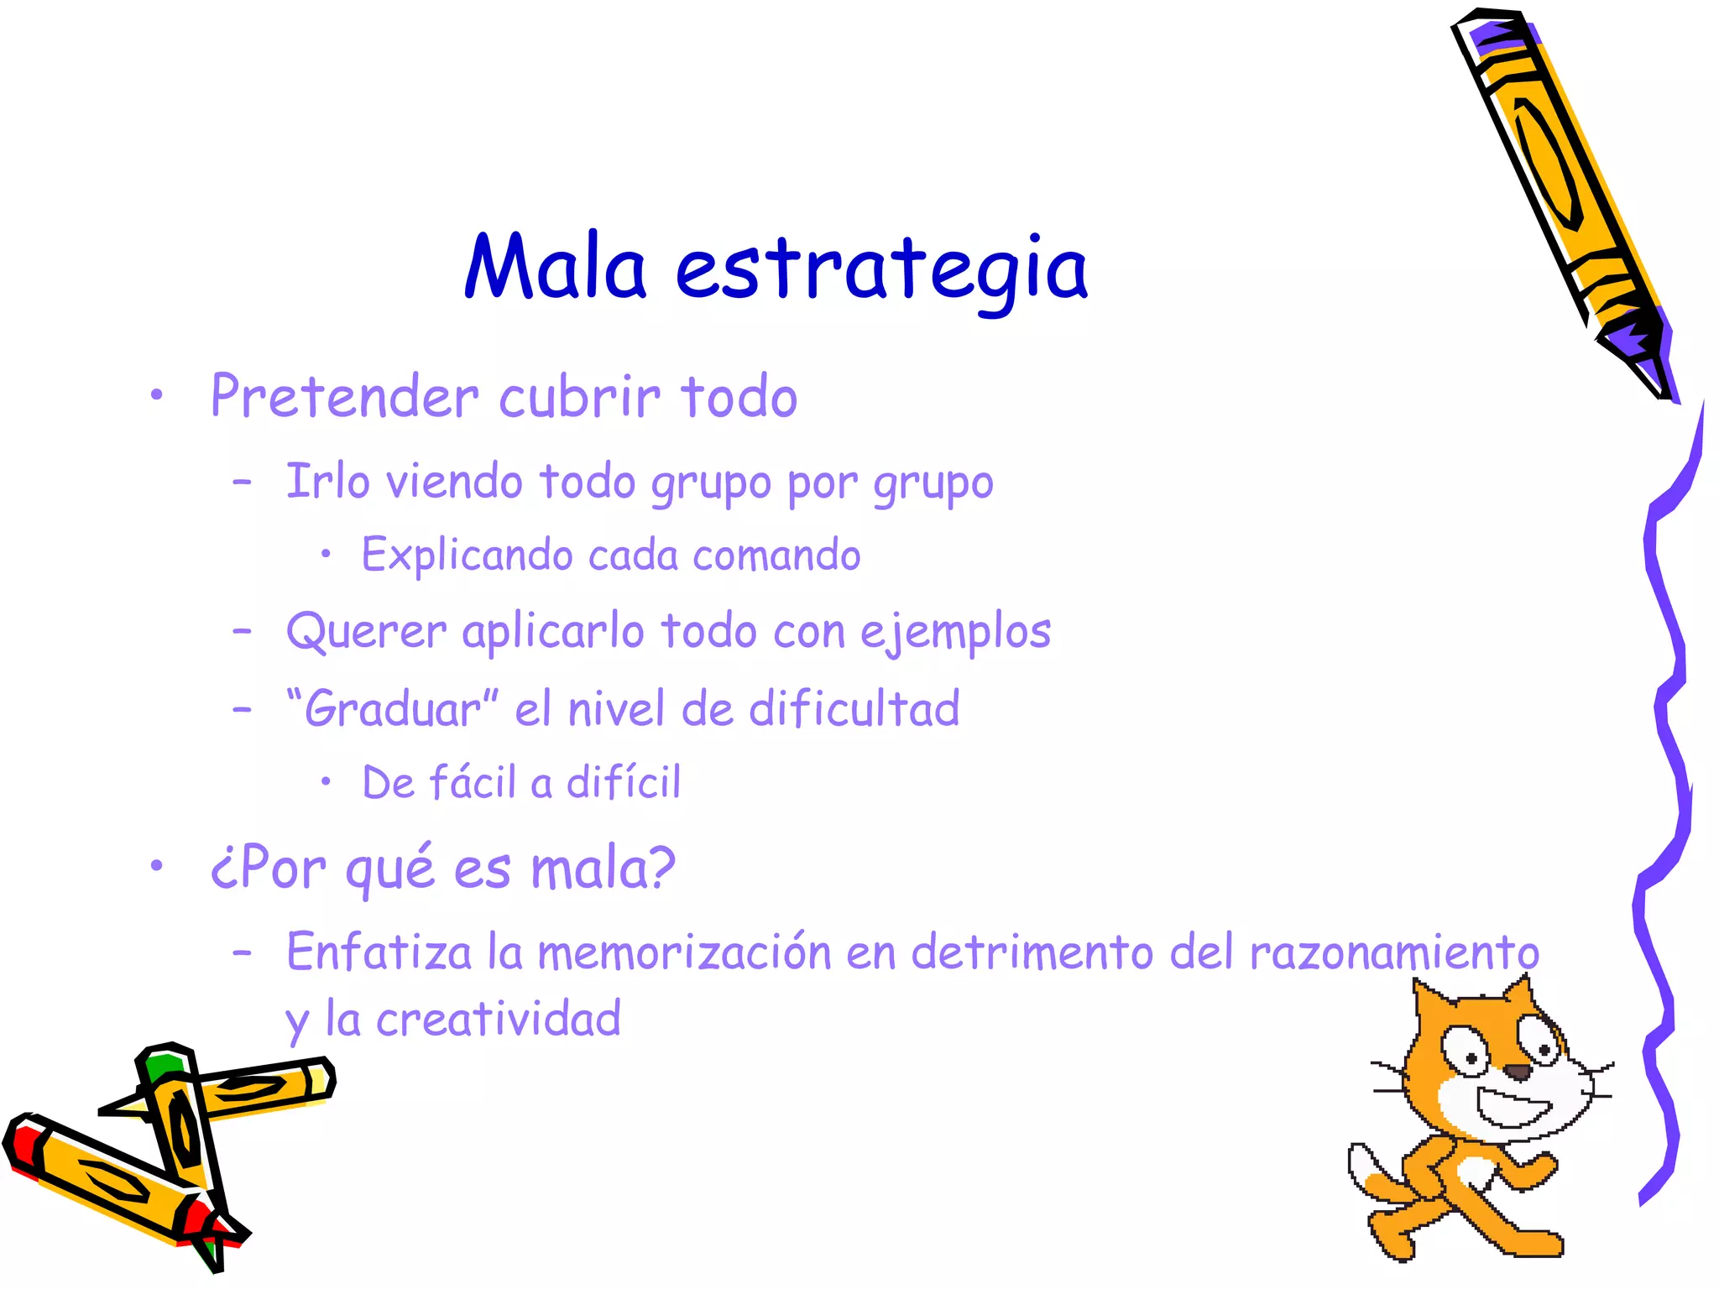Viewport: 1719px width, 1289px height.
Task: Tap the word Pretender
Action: (344, 396)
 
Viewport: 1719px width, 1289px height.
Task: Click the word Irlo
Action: (327, 482)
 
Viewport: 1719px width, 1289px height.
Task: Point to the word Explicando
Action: (467, 556)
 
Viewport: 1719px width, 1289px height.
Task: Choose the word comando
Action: (776, 556)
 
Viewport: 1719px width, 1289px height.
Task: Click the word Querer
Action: (366, 631)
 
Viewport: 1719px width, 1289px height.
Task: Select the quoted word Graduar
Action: (391, 709)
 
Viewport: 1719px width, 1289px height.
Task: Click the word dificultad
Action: (854, 709)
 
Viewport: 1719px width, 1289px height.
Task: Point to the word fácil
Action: (472, 782)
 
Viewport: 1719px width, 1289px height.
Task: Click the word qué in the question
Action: (390, 868)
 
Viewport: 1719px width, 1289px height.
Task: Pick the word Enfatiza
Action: (379, 952)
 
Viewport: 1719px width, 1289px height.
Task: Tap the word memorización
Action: (684, 952)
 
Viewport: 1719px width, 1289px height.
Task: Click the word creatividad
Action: (499, 1020)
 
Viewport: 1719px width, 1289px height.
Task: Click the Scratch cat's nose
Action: (1516, 1072)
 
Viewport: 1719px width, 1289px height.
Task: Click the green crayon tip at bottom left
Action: (161, 1066)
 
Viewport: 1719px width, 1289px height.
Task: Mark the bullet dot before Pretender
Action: (156, 397)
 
